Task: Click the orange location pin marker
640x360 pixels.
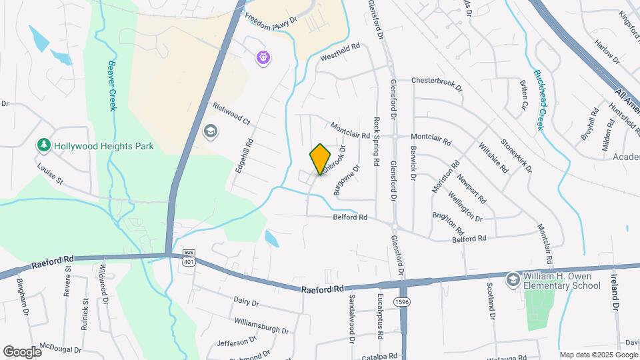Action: pos(320,159)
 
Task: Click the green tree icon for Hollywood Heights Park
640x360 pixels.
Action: pos(44,145)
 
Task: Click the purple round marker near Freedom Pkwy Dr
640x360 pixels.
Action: pos(264,58)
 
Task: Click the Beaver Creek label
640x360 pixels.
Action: pos(113,87)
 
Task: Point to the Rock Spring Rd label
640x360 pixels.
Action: pos(377,141)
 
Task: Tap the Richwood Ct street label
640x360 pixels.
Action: pos(231,114)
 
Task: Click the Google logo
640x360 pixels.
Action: pos(22,351)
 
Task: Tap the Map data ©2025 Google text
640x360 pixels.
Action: pos(598,355)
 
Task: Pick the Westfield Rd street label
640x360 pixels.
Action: pos(340,49)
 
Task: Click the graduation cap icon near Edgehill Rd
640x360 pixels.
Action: pos(211,131)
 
